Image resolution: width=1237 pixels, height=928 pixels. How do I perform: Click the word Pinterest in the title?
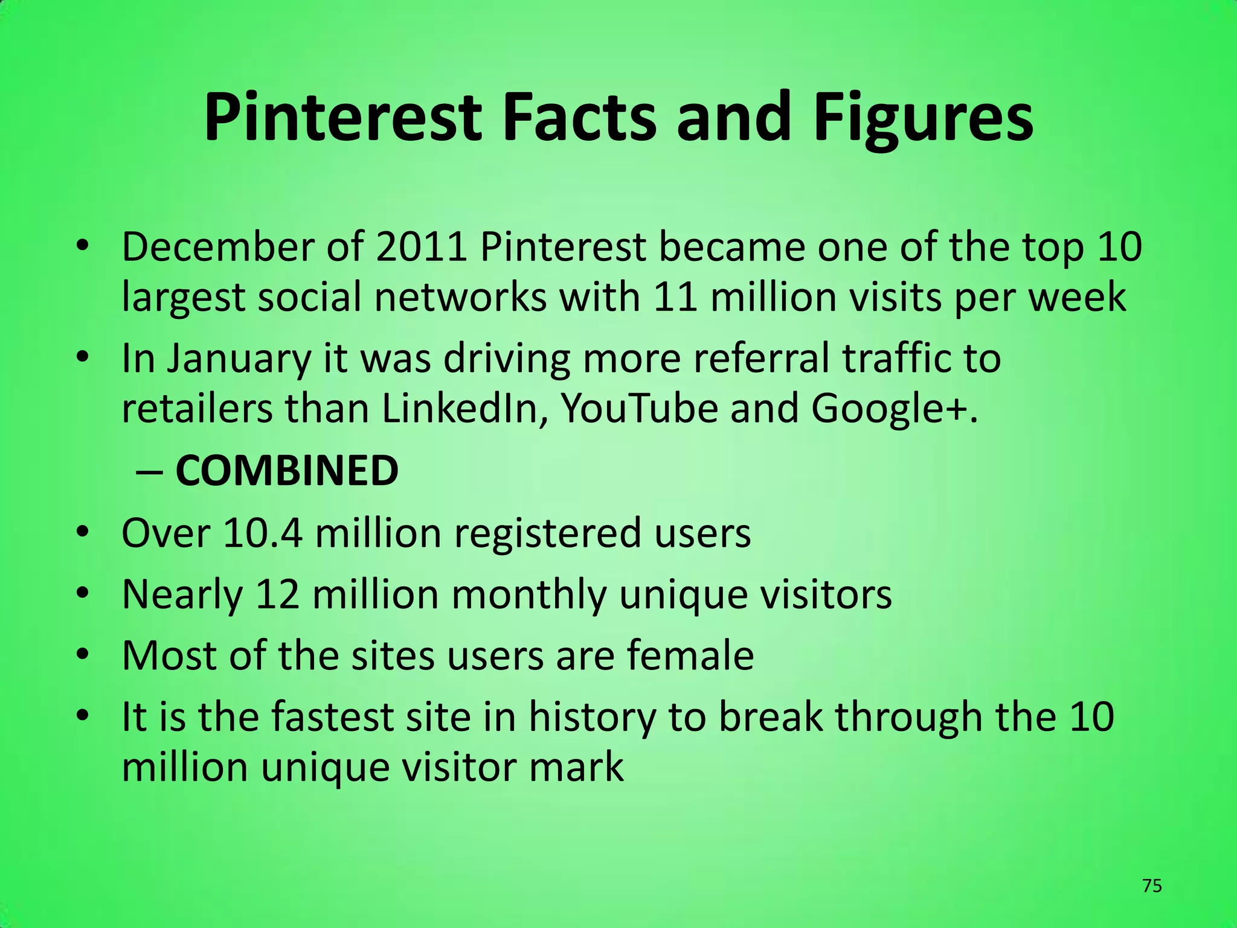[342, 118]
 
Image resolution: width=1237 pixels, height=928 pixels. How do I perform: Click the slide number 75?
[1152, 886]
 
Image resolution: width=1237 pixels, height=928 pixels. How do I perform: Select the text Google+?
[893, 409]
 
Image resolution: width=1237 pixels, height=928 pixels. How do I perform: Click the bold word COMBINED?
[287, 471]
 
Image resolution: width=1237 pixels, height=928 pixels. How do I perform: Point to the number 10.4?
[262, 533]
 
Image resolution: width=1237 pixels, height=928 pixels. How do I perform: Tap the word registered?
[547, 533]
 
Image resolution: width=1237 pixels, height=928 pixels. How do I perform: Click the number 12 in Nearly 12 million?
[278, 594]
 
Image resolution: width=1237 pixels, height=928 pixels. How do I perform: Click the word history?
[592, 717]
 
